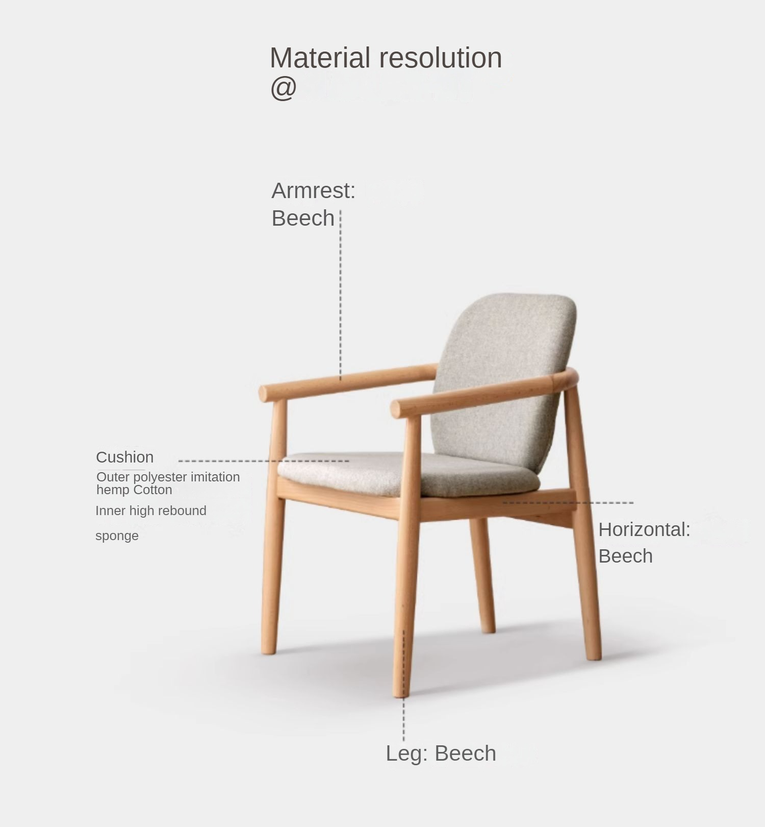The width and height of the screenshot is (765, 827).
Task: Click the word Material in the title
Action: pos(320,58)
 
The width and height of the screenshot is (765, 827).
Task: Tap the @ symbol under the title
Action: pos(283,88)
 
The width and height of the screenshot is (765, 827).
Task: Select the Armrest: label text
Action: pos(313,191)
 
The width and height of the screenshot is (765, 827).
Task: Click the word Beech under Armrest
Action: pos(303,218)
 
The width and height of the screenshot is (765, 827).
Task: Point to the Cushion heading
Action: pos(125,457)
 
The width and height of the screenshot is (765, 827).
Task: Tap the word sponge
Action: pos(117,536)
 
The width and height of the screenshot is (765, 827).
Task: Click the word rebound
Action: pos(186,510)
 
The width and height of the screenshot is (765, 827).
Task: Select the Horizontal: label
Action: pos(644,529)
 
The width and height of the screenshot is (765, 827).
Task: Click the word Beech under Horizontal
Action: pos(625,556)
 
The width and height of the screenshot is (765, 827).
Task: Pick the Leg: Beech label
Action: pos(441,753)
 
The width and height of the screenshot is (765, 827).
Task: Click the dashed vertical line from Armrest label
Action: pos(340,295)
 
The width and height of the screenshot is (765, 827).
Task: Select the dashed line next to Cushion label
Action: pos(264,461)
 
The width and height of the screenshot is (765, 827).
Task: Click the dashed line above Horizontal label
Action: pos(568,503)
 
